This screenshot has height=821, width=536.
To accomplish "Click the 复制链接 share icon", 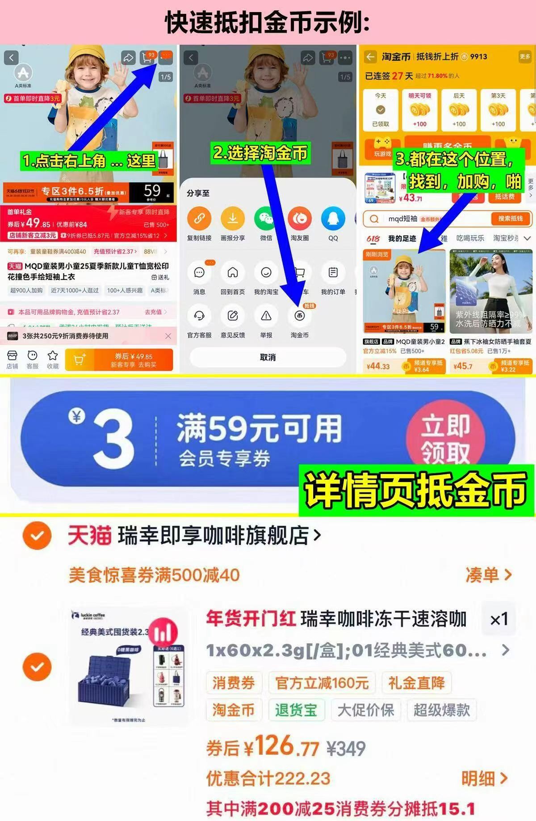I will pos(199,219).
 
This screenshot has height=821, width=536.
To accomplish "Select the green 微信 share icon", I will pos(266,219).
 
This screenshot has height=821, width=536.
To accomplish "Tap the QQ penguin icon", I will pos(333,219).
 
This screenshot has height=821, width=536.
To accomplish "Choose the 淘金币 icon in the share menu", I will pos(300,316).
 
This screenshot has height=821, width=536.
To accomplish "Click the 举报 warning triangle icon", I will pos(266,316).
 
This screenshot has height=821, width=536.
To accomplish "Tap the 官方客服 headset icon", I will pos(199,316).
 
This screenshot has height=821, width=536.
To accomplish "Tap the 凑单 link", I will pos(488,575).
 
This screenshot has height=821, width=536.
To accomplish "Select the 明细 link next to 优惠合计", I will pos(484,779).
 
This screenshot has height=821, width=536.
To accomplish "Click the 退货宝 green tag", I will pos(296,710).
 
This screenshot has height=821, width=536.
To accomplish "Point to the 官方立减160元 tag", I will pos(322,683).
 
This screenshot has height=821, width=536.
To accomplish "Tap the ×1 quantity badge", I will pos(499,619).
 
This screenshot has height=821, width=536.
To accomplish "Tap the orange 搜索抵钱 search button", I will pos(510,219).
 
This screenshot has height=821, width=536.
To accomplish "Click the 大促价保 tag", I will pos(366,710).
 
